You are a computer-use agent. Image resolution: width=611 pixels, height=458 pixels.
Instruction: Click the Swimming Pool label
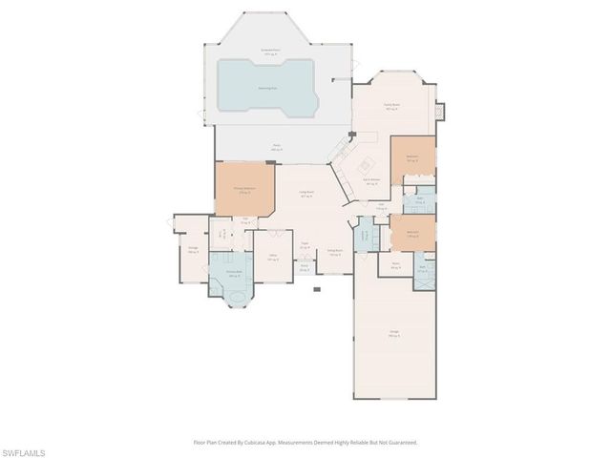point(267,87)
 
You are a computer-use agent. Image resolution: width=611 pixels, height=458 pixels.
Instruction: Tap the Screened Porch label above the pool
point(271,51)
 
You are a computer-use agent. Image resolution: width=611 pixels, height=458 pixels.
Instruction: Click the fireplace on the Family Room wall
point(440,112)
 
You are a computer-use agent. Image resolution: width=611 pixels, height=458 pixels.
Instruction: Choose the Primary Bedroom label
point(244,190)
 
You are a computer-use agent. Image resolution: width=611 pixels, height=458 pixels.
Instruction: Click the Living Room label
point(307,193)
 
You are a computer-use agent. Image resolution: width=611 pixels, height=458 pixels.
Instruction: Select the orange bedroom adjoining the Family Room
point(412,160)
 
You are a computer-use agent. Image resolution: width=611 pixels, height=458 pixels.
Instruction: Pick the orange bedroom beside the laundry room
point(412,233)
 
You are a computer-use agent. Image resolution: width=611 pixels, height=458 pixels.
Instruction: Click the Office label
point(272,259)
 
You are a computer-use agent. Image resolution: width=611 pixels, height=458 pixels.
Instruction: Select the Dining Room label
point(335,252)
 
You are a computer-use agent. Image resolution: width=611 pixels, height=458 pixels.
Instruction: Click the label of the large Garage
point(393,334)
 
